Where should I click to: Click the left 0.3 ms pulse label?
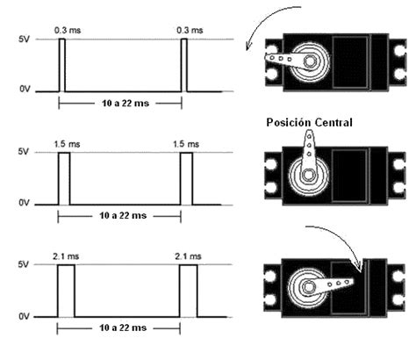click(68, 30)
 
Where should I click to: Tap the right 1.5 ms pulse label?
click(186, 144)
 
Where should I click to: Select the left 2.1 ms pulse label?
click(66, 256)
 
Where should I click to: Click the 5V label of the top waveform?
click(24, 40)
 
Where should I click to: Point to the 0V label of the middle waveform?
click(24, 203)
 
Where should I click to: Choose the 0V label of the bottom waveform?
click(24, 316)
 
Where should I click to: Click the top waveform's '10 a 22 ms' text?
click(126, 104)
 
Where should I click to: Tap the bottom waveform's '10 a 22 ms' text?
click(123, 328)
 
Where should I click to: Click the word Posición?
click(288, 122)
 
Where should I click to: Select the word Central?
click(333, 122)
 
